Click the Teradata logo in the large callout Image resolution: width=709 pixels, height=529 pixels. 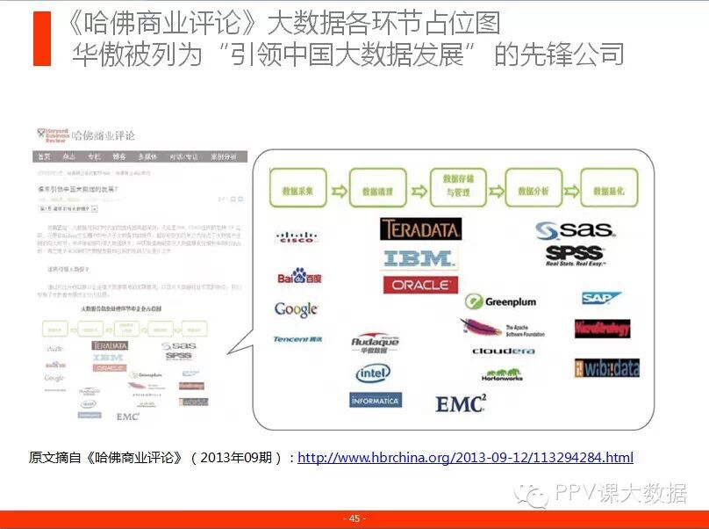coord(420,229)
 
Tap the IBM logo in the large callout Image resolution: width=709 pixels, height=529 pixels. coord(419,258)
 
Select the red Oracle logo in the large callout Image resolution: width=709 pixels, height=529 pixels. coord(420,285)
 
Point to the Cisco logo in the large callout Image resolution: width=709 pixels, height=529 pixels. coord(296,236)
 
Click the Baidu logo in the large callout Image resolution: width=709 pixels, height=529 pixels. coord(299,278)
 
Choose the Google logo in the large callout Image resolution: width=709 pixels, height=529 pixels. coord(296,309)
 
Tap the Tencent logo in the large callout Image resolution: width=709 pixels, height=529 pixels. coord(297,338)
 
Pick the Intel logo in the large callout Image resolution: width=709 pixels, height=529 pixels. coord(373,373)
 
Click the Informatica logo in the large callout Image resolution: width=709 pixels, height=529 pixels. coord(375,400)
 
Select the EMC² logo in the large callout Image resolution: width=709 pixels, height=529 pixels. coord(461,403)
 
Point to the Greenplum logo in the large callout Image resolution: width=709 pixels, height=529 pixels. coord(500,301)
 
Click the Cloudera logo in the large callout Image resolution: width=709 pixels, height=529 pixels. coord(503,351)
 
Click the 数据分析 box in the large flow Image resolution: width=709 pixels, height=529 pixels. coord(534,188)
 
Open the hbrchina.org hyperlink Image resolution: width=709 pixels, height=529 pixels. coord(465,458)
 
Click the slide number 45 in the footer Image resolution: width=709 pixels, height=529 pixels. coord(354,519)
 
